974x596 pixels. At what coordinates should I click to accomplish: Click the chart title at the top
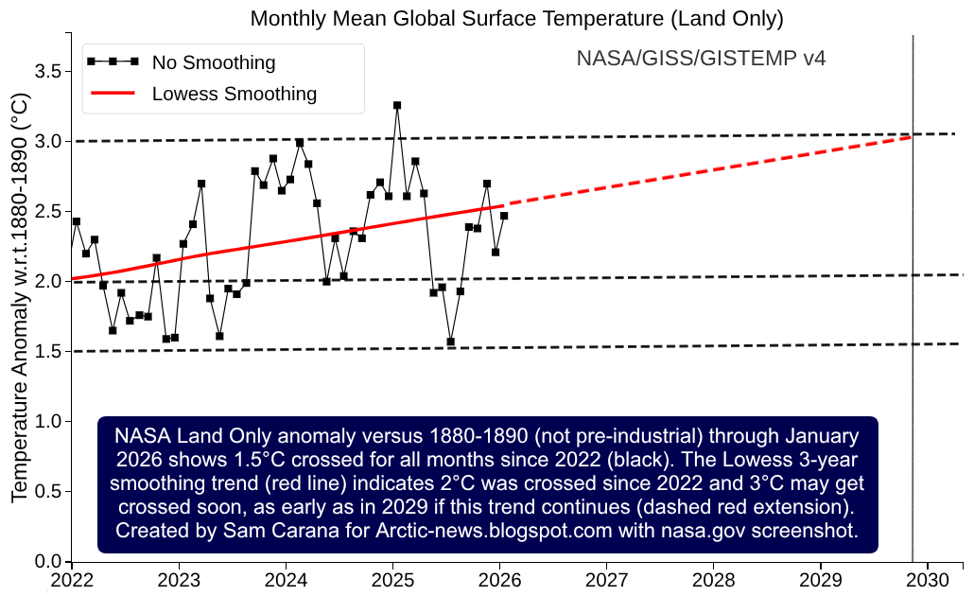(516, 18)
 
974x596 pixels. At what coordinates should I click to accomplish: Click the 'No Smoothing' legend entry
(214, 62)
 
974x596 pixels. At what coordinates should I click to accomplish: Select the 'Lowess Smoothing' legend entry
(234, 94)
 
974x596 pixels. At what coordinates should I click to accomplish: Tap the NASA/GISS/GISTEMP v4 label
(701, 59)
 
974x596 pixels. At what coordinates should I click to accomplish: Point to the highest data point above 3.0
(397, 105)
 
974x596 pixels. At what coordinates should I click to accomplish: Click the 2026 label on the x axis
(498, 579)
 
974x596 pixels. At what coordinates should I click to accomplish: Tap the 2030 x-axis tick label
(928, 579)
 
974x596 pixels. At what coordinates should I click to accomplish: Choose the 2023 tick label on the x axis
(177, 579)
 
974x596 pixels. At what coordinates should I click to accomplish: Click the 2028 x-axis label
(713, 579)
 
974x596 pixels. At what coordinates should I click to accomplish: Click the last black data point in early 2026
(504, 216)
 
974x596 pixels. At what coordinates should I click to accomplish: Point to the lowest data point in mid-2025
(451, 342)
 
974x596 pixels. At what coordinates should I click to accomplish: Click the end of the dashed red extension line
(912, 136)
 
